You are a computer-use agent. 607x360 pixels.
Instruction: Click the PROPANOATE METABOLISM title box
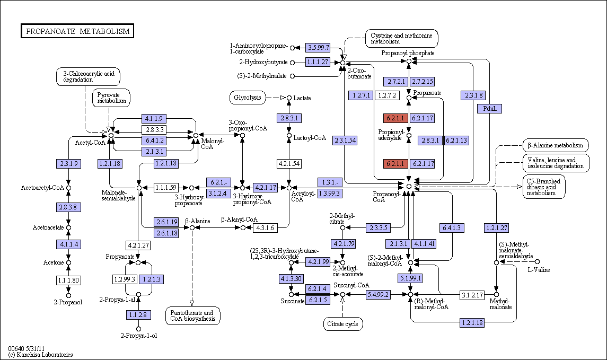[x=77, y=31]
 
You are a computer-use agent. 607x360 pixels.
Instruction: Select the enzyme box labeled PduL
[x=490, y=109]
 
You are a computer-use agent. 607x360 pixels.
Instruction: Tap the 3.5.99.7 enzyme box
[x=318, y=48]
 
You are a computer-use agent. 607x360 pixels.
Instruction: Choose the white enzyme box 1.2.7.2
[x=387, y=95]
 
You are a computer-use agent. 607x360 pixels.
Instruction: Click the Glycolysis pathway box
[x=248, y=98]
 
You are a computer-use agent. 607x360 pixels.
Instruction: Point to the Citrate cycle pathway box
[x=343, y=324]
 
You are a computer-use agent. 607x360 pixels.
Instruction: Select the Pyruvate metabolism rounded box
[x=111, y=98]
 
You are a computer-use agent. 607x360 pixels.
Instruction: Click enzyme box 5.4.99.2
[x=378, y=295]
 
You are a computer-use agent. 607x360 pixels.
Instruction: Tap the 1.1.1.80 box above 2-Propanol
[x=68, y=280]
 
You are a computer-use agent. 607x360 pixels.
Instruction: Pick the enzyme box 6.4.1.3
[x=452, y=228]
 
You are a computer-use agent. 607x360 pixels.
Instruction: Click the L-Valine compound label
[x=539, y=270]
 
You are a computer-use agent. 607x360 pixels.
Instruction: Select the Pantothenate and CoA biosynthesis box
[x=193, y=316]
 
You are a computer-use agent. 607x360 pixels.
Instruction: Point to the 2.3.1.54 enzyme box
[x=345, y=141]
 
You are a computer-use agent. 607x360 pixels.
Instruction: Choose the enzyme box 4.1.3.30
[x=291, y=279]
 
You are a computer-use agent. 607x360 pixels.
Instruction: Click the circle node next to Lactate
[x=289, y=98]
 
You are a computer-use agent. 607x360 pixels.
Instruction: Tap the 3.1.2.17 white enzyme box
[x=472, y=295]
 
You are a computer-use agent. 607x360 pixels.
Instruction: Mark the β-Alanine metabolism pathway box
[x=556, y=146]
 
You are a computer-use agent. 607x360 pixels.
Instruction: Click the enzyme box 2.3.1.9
[x=68, y=164]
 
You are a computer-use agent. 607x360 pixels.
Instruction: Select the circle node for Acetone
[x=68, y=262]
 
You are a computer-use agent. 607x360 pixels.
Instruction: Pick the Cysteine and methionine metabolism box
[x=402, y=38]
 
